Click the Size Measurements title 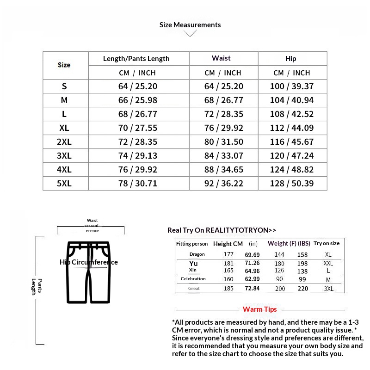[190, 25]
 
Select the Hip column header [290, 59]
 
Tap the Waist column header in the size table [221, 58]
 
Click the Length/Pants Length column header [136, 59]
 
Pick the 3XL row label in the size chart [64, 156]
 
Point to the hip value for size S [292, 86]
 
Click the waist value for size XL [223, 128]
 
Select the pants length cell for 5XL [138, 184]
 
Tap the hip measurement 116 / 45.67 [292, 142]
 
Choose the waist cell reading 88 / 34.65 [223, 170]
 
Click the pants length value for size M [138, 100]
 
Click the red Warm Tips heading [260, 309]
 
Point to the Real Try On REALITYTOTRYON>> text [222, 230]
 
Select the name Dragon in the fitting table [197, 254]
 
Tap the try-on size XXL [328, 263]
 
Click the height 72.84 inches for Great [253, 289]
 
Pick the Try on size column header [327, 243]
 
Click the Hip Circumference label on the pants [89, 262]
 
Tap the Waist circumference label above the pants [92, 225]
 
